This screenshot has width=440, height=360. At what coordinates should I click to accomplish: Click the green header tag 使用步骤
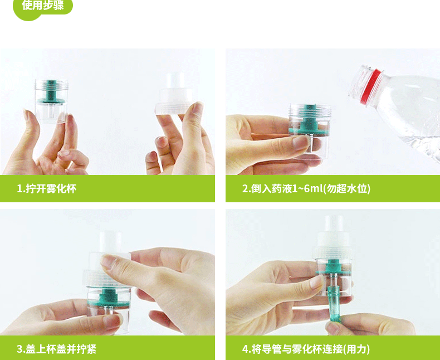[43, 7]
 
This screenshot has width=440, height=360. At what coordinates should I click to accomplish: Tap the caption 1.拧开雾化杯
[47, 188]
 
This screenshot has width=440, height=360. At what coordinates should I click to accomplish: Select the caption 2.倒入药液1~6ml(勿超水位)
[306, 188]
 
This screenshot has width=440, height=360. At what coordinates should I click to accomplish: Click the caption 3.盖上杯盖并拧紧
[56, 349]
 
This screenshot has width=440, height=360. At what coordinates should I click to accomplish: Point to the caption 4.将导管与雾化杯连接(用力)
[306, 349]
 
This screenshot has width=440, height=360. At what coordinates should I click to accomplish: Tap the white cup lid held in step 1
[174, 94]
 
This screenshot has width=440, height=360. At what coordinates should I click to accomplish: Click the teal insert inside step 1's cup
[51, 92]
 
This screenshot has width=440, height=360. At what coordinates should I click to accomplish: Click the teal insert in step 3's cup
[108, 298]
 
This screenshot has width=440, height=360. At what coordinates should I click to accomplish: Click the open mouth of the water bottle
[359, 81]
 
